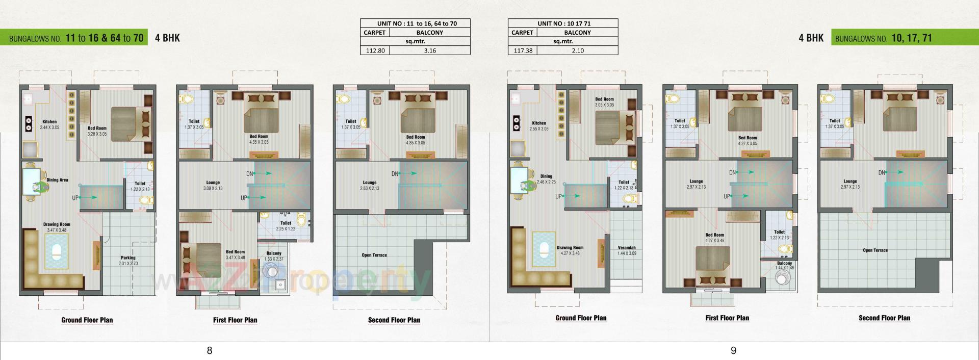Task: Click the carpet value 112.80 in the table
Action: [x=375, y=50]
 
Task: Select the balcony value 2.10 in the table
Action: [x=578, y=50]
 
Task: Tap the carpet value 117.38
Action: [x=523, y=50]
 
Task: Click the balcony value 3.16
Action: [x=430, y=50]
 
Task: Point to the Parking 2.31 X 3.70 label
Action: [x=128, y=261]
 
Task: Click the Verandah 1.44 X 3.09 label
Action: [x=627, y=250]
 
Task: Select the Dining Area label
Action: [x=57, y=180]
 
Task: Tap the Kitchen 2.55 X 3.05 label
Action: [x=539, y=126]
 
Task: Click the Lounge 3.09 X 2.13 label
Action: [x=213, y=186]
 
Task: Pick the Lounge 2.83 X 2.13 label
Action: [x=370, y=186]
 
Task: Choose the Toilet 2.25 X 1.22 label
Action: [x=286, y=226]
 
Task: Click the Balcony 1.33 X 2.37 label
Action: [x=274, y=256]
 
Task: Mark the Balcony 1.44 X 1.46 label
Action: [x=785, y=265]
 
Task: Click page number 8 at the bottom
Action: [x=210, y=350]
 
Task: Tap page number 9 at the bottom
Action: [x=733, y=350]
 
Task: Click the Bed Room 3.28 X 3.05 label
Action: [x=97, y=132]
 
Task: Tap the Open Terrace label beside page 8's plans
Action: [x=375, y=255]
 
